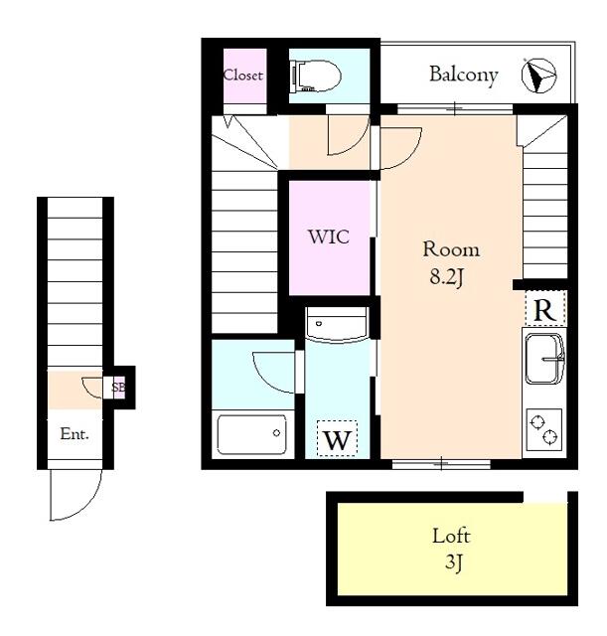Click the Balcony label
click(464, 76)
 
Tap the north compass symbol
click(538, 76)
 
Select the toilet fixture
click(316, 77)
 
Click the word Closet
click(242, 76)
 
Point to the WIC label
click(329, 237)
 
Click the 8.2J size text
click(446, 277)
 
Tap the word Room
click(451, 249)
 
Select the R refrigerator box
click(544, 308)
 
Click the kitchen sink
click(544, 359)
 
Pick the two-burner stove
click(544, 429)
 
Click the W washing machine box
click(337, 438)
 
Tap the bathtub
click(251, 434)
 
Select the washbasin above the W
click(337, 325)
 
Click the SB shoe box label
click(118, 388)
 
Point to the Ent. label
click(75, 434)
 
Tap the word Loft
click(451, 536)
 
